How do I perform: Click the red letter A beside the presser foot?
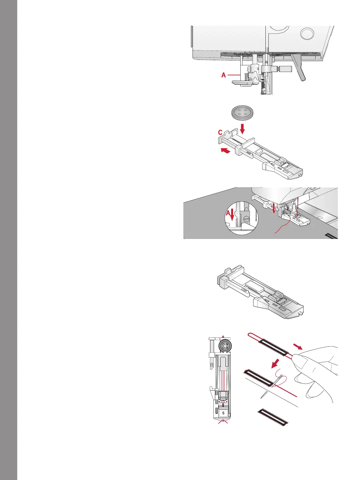pos(224,75)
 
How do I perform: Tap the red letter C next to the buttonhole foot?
pos(220,132)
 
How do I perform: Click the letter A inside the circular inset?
pos(228,213)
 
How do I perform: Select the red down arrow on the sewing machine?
pos(273,209)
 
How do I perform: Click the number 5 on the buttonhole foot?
pos(223,413)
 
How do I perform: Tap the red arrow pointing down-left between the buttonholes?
pos(276,364)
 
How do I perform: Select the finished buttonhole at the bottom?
pos(273,416)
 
